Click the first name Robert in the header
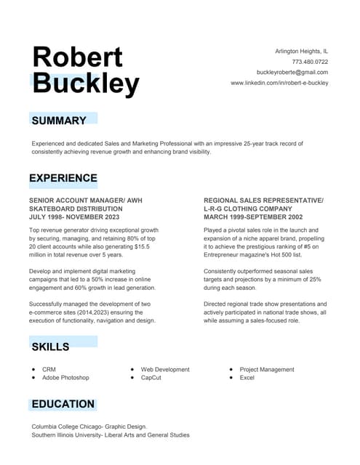(x=78, y=57)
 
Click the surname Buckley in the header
(x=86, y=84)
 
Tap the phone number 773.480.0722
(x=310, y=62)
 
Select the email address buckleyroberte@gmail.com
(x=292, y=73)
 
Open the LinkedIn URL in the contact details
(x=279, y=83)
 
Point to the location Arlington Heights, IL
(x=301, y=52)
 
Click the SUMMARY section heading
(x=59, y=121)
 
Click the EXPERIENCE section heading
(x=63, y=178)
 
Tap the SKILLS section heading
(x=50, y=347)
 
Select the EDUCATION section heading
(x=63, y=404)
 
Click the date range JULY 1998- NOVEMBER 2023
(x=74, y=217)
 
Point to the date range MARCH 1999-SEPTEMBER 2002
(x=253, y=217)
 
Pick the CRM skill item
(x=49, y=369)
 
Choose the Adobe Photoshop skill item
(x=65, y=378)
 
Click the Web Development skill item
(x=165, y=369)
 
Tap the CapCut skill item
(x=151, y=378)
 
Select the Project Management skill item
(x=267, y=369)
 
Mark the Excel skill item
(x=247, y=378)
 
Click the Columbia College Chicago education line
(x=89, y=426)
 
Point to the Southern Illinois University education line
(x=111, y=435)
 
